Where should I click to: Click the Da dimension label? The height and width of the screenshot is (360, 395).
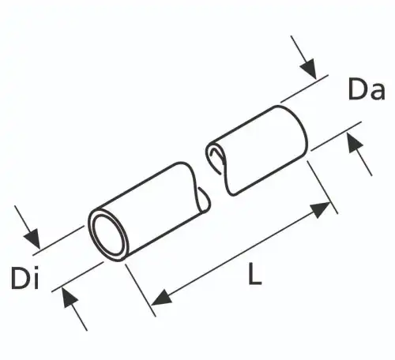[367, 88]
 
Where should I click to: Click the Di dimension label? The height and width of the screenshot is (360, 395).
[25, 278]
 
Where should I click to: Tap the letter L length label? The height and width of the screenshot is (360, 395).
[254, 274]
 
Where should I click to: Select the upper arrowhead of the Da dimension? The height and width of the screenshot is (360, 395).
[310, 69]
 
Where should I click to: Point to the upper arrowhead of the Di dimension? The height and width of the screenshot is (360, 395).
[32, 239]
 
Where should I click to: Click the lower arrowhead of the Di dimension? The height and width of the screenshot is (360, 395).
[70, 297]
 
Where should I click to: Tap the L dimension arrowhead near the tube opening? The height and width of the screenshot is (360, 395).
[161, 298]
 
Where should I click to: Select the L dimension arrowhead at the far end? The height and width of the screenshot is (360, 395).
[320, 209]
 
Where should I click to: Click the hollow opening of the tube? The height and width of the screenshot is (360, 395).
[109, 234]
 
